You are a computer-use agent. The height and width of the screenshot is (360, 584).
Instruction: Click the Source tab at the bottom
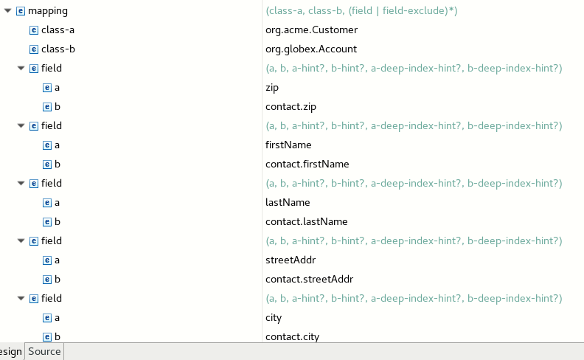(x=44, y=351)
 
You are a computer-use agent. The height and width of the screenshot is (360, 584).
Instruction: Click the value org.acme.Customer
(x=311, y=30)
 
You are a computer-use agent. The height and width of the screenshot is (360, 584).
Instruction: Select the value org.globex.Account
(x=311, y=49)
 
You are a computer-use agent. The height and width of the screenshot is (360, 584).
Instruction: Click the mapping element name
(x=48, y=11)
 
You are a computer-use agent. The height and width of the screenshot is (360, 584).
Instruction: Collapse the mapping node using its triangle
(x=7, y=11)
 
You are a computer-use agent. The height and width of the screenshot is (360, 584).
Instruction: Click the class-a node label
(x=58, y=30)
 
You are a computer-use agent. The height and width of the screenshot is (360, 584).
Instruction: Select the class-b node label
(x=58, y=49)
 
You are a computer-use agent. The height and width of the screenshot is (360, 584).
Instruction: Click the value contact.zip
(x=291, y=106)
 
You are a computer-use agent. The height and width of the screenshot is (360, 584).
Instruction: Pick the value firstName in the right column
(x=288, y=145)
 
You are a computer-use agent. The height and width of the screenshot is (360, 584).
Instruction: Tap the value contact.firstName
(x=307, y=164)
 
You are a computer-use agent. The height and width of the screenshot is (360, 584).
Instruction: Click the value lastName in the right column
(x=288, y=202)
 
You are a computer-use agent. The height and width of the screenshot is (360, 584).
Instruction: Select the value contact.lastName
(x=307, y=222)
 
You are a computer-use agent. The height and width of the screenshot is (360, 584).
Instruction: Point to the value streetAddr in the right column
(x=291, y=260)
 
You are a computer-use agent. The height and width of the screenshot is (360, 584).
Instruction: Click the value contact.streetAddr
(x=310, y=279)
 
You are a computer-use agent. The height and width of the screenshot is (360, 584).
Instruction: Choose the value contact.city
(x=293, y=337)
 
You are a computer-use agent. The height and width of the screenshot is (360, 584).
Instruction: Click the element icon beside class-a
(x=33, y=30)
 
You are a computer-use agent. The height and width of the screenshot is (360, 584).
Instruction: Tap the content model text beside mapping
(x=361, y=11)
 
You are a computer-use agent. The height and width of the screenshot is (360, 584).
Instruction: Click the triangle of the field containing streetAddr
(x=21, y=241)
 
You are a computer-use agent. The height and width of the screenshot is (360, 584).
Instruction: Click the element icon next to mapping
(x=21, y=11)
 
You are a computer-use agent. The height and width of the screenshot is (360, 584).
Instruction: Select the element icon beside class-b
(x=33, y=49)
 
